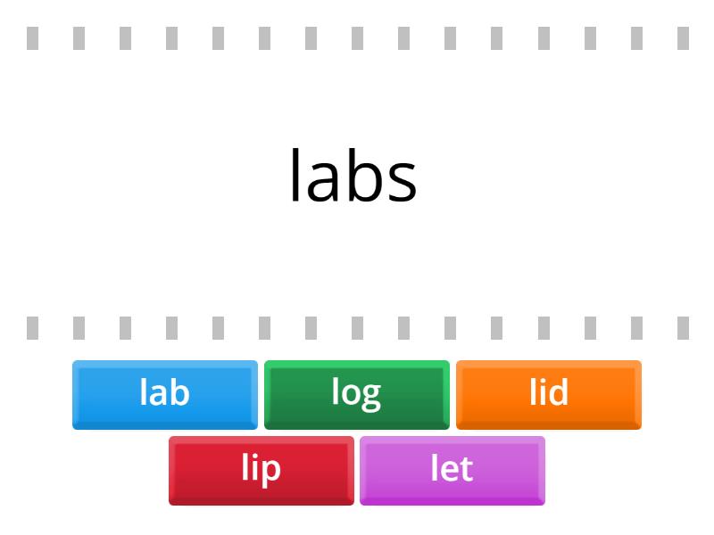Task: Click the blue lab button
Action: [165, 394]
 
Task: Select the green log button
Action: [356, 394]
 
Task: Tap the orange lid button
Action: [549, 394]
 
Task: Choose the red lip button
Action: [261, 471]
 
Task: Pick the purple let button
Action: [452, 471]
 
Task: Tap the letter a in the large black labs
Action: [323, 181]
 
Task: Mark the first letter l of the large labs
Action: [295, 175]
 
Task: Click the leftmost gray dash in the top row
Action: [32, 38]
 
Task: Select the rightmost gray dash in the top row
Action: [683, 38]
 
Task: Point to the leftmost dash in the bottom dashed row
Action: [32, 328]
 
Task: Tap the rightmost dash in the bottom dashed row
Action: [683, 328]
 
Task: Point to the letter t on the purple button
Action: [467, 469]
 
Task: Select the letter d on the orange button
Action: [559, 391]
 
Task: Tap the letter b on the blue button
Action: [179, 391]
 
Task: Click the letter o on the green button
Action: [351, 394]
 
